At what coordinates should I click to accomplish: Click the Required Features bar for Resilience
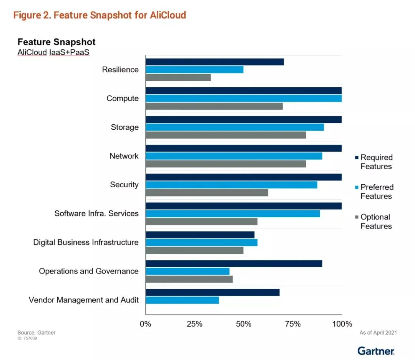[x=215, y=62]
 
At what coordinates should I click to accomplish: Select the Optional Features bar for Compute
[x=214, y=106]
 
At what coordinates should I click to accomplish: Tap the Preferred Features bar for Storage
[x=235, y=127]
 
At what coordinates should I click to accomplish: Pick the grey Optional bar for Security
[x=207, y=193]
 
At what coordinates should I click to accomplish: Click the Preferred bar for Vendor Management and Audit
[x=183, y=300]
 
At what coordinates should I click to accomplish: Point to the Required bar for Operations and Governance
[x=234, y=263]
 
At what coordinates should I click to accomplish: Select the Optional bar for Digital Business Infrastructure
[x=194, y=250]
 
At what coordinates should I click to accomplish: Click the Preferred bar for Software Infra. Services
[x=233, y=214]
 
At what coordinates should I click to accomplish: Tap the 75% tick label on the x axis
[x=293, y=324]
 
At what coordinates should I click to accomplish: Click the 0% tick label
[x=145, y=324]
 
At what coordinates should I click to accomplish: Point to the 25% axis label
[x=194, y=324]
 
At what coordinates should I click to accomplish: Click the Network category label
[x=124, y=156]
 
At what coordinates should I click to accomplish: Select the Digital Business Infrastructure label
[x=86, y=242]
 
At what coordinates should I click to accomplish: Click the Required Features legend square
[x=357, y=158]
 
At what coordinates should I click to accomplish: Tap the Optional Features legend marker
[x=357, y=217]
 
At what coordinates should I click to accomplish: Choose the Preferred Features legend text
[x=377, y=192]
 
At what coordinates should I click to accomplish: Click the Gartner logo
[x=376, y=351]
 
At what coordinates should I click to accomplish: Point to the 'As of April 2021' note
[x=378, y=333]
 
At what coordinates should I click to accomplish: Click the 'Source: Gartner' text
[x=37, y=332]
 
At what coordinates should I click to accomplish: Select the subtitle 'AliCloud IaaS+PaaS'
[x=53, y=52]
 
